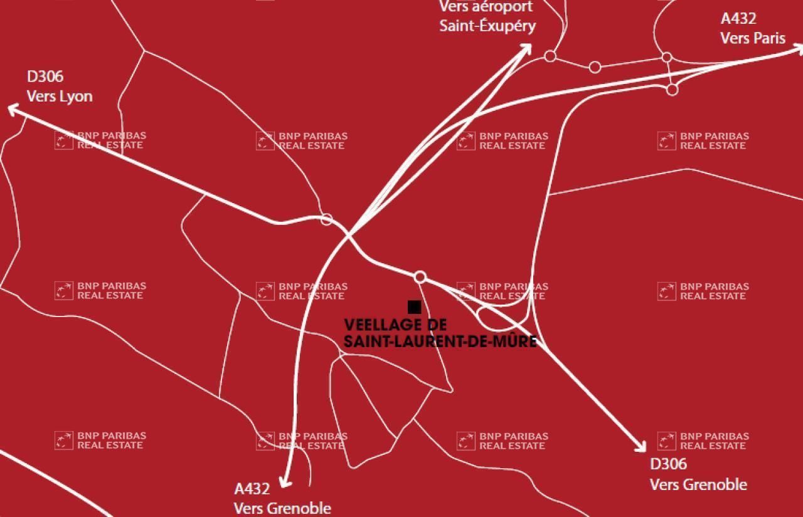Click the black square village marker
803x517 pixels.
tap(414, 306)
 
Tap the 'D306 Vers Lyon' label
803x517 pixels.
tap(59, 86)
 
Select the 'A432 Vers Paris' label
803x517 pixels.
tap(752, 29)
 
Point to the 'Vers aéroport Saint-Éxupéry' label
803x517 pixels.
tap(487, 16)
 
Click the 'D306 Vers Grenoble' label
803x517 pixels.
tap(698, 474)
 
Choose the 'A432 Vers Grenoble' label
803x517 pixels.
tap(282, 498)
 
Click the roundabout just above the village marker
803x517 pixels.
tap(420, 277)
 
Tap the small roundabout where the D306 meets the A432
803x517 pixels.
tap(326, 219)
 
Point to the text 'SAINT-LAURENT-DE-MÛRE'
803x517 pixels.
tap(440, 342)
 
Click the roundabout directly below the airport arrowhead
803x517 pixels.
tap(550, 56)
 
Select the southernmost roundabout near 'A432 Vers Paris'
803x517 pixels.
tap(672, 90)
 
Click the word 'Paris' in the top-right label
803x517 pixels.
tap(770, 38)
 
